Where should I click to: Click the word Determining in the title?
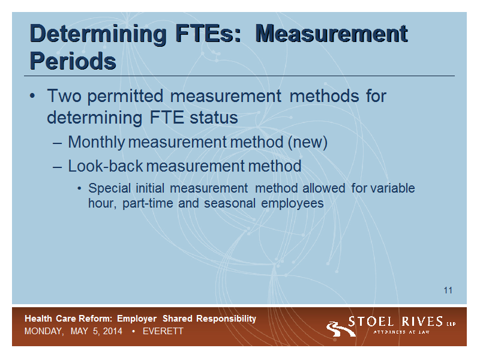point(98,35)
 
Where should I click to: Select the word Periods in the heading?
point(73,61)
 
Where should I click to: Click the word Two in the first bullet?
point(64,96)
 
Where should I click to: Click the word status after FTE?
point(214,118)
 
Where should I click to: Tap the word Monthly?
point(97,143)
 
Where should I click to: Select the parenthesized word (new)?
point(308,143)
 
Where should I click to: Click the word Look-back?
point(106,166)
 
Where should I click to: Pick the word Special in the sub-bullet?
point(110,188)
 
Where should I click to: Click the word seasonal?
point(230,203)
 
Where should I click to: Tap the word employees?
point(292,204)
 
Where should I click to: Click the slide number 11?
point(448,290)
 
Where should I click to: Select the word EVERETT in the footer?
point(163,331)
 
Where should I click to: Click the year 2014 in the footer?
point(113,331)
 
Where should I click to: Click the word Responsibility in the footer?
point(226,319)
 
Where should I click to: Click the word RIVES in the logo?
point(422,322)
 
